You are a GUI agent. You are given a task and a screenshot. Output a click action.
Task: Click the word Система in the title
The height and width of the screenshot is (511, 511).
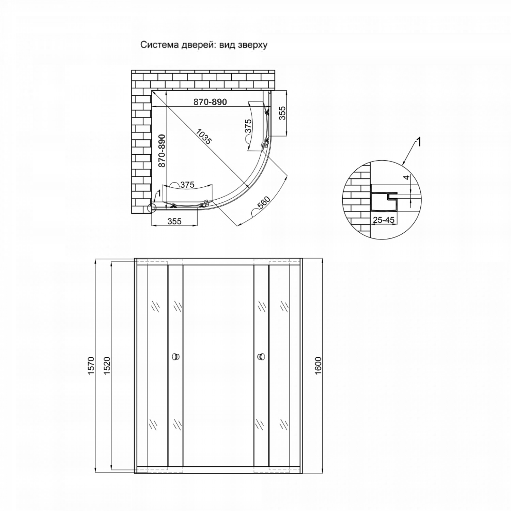[x=157, y=45]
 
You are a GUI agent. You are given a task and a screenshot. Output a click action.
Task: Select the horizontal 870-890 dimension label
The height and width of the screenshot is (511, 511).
[x=210, y=102]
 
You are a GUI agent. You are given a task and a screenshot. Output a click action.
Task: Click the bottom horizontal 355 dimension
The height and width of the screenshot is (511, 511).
[x=174, y=221]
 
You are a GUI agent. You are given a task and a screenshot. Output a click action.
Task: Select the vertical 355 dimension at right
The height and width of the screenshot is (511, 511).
[x=282, y=113]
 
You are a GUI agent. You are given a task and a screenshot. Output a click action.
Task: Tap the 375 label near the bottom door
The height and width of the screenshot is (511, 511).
[x=187, y=185]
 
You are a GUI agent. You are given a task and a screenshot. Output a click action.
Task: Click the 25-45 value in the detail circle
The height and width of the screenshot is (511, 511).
[x=384, y=220]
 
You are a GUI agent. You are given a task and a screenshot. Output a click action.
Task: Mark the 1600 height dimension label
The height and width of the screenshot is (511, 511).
[x=318, y=366]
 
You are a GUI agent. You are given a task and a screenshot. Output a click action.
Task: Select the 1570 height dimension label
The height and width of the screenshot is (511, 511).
[x=91, y=366]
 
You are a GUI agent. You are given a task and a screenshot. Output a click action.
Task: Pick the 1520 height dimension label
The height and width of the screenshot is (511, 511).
[x=106, y=366]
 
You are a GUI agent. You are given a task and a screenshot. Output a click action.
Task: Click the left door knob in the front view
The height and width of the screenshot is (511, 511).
[x=175, y=357]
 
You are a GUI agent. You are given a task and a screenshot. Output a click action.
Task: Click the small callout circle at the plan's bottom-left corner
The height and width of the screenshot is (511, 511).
[x=152, y=208]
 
